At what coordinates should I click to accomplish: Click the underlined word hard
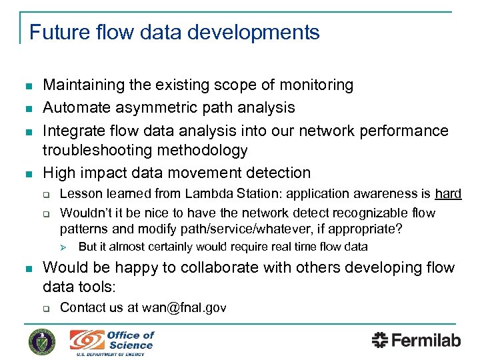pos(448,193)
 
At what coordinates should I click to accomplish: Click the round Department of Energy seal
pos(42,341)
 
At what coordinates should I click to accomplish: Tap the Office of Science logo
pos(112,341)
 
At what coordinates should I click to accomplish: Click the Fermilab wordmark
pos(416,340)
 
